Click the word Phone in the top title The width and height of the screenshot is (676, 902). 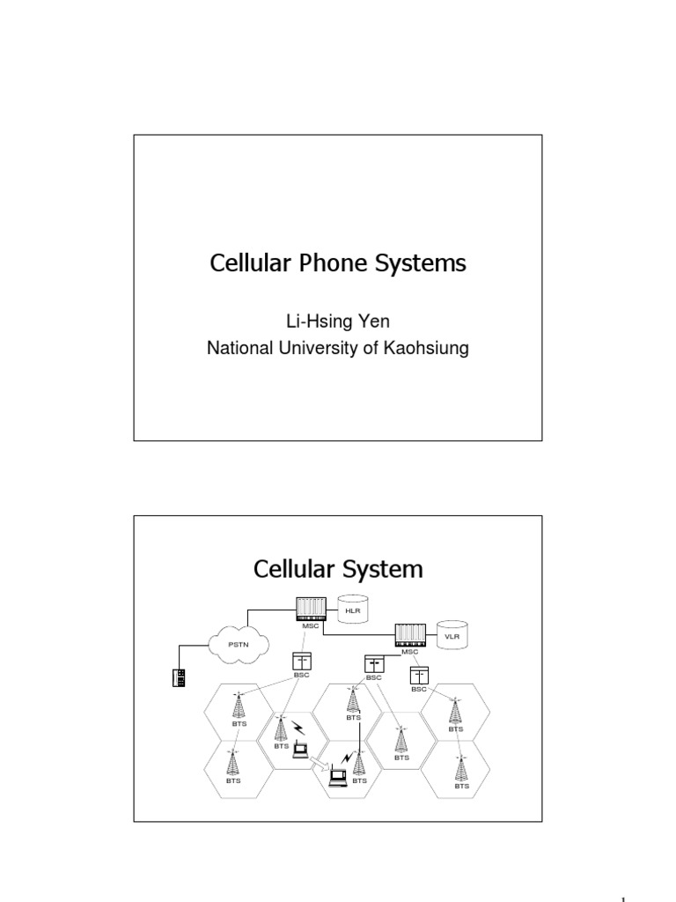[334, 263]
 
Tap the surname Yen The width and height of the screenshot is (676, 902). [373, 322]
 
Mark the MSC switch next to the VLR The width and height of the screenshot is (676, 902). [410, 635]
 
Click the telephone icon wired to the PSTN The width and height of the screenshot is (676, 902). [179, 677]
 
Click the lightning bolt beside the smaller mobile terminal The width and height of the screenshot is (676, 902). [300, 728]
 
